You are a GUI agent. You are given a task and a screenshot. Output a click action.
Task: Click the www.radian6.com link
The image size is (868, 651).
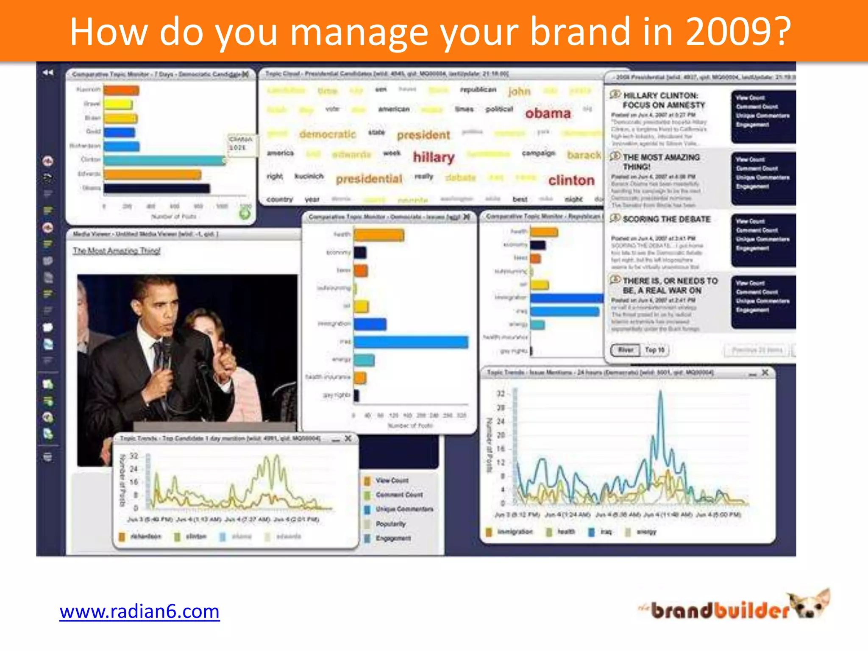coord(139,612)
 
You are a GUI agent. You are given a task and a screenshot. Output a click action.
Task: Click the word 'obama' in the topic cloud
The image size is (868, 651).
coord(548,113)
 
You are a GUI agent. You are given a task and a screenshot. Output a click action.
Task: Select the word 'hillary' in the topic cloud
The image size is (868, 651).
coord(434,157)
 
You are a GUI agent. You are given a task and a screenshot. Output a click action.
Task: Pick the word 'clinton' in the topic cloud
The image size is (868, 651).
coord(571,181)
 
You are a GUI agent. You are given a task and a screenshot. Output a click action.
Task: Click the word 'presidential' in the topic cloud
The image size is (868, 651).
coord(369,179)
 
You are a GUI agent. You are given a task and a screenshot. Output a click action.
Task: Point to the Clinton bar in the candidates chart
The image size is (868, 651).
coord(164,161)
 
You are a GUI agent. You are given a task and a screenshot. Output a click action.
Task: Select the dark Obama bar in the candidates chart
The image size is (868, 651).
coord(157,188)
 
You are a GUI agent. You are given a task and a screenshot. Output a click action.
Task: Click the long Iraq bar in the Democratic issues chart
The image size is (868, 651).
coord(411,342)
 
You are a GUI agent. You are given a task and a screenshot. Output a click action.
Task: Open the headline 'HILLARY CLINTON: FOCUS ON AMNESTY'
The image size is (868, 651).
coord(663,100)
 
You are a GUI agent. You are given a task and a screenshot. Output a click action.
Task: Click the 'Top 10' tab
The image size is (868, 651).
coord(655,350)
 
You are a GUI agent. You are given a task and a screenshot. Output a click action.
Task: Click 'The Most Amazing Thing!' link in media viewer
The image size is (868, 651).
coord(117,250)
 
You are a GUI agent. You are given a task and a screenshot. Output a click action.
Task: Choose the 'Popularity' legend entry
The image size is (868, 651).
coord(390,524)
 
